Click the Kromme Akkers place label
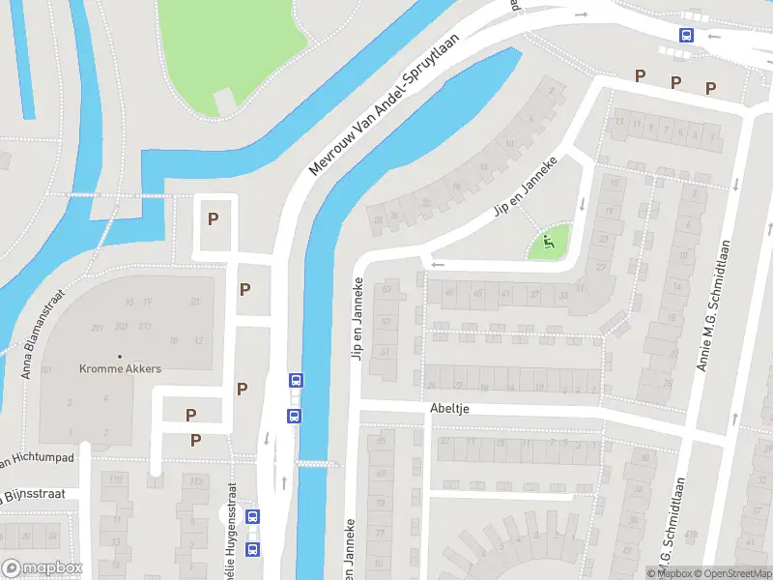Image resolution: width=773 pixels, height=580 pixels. (x=121, y=369)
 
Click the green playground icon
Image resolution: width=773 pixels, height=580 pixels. (x=548, y=243)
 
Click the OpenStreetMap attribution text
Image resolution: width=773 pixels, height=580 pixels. (x=731, y=573)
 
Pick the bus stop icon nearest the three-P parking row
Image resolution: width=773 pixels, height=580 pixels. (x=686, y=36)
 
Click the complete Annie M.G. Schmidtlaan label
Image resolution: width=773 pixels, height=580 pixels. (x=713, y=306)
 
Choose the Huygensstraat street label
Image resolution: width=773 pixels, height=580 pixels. (x=230, y=527)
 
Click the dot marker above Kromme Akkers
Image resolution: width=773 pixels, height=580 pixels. (x=121, y=357)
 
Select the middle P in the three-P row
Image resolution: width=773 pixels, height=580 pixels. (x=675, y=82)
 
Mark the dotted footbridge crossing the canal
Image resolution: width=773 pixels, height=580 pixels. (x=318, y=464)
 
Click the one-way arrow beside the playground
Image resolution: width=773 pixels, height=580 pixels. (x=582, y=205)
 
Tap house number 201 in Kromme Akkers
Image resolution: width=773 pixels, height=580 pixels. (x=98, y=328)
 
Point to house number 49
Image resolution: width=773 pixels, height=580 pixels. (x=448, y=293)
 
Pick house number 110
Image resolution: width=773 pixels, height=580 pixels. (x=116, y=480)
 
